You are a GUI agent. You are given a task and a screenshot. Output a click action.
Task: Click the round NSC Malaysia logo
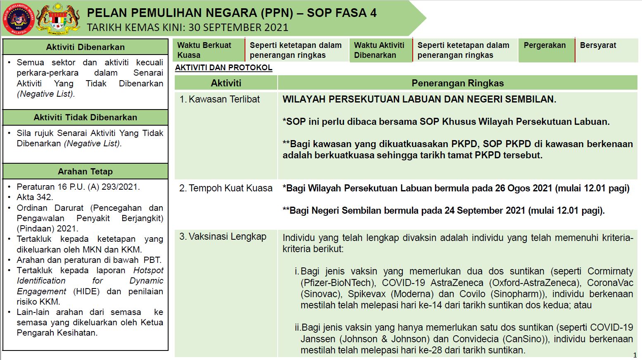[19, 19]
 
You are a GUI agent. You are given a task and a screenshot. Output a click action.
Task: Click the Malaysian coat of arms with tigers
[58, 19]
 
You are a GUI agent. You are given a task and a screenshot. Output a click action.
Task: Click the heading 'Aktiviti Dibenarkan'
[85, 47]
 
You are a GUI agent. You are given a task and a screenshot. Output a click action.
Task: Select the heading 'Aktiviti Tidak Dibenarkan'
[85, 117]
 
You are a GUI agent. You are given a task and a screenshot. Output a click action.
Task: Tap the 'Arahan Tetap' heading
[85, 172]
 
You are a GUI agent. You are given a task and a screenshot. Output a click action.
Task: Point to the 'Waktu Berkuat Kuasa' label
[204, 50]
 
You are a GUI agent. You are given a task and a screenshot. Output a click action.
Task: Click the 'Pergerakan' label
[545, 45]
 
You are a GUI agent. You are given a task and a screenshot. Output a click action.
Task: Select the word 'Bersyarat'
[598, 45]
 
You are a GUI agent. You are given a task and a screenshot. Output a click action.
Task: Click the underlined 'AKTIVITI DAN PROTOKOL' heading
[224, 68]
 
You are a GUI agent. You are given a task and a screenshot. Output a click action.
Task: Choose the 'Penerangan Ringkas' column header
[457, 83]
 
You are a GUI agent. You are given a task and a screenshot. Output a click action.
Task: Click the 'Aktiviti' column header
[226, 83]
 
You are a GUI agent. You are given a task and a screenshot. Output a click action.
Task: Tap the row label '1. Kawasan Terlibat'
[220, 99]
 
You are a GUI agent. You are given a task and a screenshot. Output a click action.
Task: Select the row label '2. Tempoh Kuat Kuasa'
[226, 188]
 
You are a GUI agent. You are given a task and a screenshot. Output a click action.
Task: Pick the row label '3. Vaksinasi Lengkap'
[223, 237]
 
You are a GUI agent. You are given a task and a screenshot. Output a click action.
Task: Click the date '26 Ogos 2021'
[523, 188]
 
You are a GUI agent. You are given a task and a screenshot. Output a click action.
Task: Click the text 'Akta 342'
[35, 197]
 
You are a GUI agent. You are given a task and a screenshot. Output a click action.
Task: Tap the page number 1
[635, 355]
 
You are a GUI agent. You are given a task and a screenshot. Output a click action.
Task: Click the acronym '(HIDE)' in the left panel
[86, 291]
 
